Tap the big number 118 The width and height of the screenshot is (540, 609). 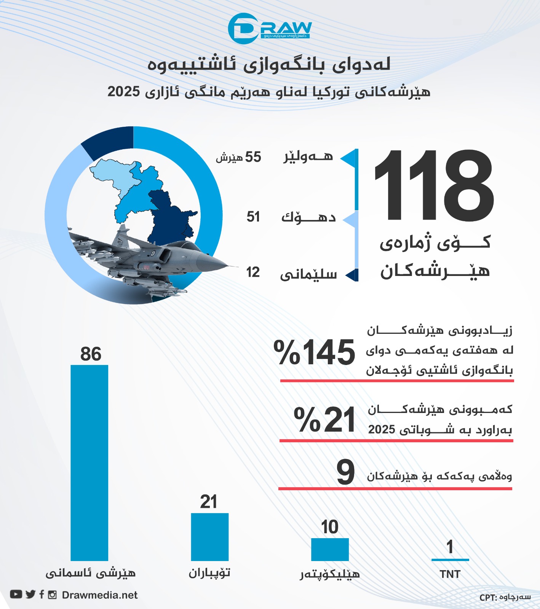point(434,185)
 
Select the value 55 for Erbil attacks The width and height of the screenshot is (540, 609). point(253,157)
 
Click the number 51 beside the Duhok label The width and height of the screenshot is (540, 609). point(253,217)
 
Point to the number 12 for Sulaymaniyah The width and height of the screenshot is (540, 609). point(253,272)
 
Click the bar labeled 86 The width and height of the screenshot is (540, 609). point(89,462)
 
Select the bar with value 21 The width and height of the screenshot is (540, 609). point(209,537)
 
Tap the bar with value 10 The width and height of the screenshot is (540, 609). point(330,549)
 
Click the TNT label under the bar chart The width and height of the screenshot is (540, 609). point(450,574)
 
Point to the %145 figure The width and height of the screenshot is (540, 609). point(315,352)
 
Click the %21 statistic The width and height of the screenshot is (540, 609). point(324,419)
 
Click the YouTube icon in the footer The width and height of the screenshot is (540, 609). point(16,595)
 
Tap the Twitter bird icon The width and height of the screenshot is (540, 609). point(30,595)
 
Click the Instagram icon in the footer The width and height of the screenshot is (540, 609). point(53,595)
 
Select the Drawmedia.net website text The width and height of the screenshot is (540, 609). point(100,595)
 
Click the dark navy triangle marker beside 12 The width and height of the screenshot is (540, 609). point(353,274)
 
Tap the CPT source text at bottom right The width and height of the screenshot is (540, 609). point(505,597)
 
